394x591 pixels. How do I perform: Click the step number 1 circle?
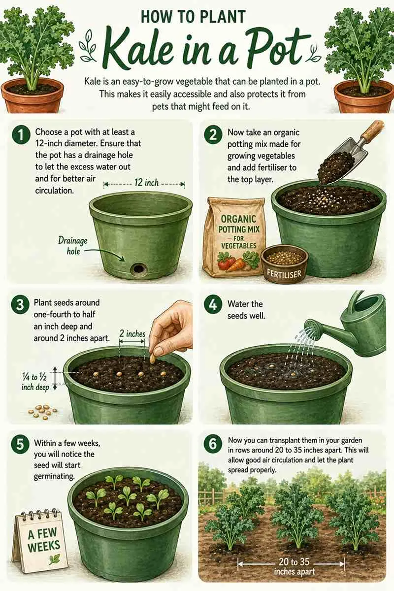(x=21, y=136)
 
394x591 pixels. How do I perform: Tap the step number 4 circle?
(x=213, y=305)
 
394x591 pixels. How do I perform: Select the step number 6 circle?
(x=213, y=444)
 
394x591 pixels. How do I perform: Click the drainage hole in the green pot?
(x=138, y=269)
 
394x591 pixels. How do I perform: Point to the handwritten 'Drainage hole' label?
(x=72, y=245)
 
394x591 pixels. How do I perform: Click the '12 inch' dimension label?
(x=146, y=183)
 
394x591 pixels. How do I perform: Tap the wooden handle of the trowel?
(x=373, y=131)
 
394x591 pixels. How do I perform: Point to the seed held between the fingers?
(x=153, y=359)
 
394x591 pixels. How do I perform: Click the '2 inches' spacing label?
(x=132, y=334)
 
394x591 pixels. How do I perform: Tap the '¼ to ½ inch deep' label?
(x=35, y=382)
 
